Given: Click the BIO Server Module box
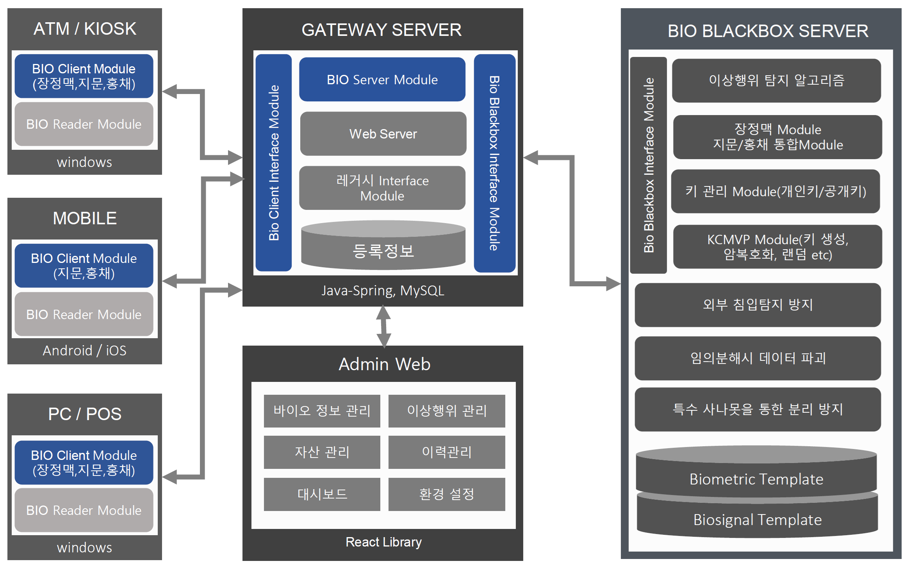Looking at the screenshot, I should pos(382,80).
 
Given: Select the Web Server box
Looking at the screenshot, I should pos(383,134).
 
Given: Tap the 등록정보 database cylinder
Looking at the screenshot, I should pos(383,247).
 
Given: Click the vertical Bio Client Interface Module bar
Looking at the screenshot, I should pos(274,163).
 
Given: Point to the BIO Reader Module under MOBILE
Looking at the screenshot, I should pos(84,314).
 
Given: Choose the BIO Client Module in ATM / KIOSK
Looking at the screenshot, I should pos(84,76).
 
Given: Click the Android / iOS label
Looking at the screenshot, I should pos(84,350).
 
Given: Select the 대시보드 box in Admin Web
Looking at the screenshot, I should pos(322,494).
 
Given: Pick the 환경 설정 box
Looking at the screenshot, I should pos(447,494).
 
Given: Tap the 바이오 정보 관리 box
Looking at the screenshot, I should pos(322,411).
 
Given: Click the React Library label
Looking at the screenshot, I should pos(383,542).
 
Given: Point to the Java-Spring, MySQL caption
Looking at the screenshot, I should pos(383,291).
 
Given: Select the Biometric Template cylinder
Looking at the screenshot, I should pos(756,475).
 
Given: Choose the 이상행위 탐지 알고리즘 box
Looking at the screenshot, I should pos(776,81).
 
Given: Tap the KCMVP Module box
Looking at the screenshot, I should pos(777,247).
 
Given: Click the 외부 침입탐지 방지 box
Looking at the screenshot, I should pos(757,305).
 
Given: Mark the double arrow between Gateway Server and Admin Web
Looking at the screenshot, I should pos(383,326).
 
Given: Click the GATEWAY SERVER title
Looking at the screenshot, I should pos(381,30).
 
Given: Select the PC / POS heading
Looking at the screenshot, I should pos(85,414).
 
